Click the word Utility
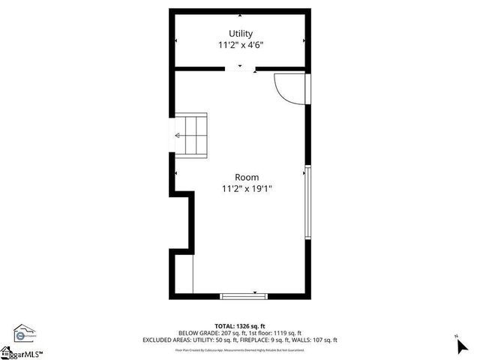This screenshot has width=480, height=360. tap(241, 34)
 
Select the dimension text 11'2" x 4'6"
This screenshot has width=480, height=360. tap(241, 46)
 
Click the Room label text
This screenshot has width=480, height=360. tap(247, 177)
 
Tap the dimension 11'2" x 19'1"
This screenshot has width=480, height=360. tap(247, 189)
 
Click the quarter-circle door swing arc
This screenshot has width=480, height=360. tap(286, 88)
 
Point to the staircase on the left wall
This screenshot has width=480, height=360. tap(190, 136)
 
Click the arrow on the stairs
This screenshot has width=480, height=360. tap(178, 136)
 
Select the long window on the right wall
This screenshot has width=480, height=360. tap(307, 202)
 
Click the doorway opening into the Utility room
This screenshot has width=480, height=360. tap(240, 69)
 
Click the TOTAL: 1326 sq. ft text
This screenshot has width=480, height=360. tap(240, 326)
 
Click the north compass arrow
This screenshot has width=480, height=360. tap(460, 346)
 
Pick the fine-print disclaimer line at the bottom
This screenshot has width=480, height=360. tap(240, 349)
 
